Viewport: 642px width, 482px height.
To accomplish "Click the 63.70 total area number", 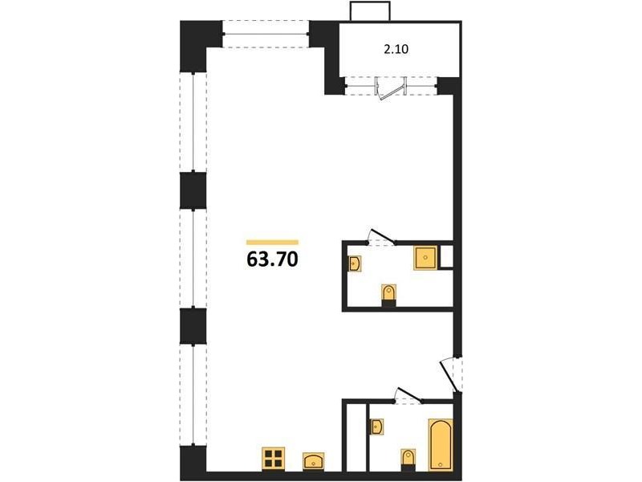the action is (x=272, y=259).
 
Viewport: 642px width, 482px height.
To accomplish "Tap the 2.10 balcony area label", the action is (x=396, y=50).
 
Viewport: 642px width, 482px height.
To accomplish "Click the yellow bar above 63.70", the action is (x=272, y=243).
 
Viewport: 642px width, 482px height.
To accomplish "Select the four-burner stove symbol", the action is (x=273, y=459).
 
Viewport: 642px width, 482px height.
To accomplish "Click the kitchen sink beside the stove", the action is (x=313, y=461).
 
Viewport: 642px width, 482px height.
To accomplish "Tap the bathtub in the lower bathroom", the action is (x=441, y=445).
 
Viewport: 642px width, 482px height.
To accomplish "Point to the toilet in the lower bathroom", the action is (x=408, y=460).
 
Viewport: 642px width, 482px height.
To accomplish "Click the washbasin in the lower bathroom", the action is (x=377, y=427).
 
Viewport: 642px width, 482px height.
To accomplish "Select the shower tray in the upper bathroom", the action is (x=425, y=258).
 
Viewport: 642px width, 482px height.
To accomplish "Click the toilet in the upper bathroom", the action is (x=388, y=295).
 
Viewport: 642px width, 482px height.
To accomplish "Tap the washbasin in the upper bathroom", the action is (x=355, y=263).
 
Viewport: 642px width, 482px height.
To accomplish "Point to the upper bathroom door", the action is (x=382, y=237).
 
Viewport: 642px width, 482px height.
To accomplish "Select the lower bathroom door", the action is (x=408, y=395).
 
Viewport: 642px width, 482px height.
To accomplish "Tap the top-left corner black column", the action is (x=193, y=47).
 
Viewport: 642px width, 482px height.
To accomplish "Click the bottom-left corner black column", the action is (x=193, y=463).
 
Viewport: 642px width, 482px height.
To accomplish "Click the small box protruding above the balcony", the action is (x=370, y=11).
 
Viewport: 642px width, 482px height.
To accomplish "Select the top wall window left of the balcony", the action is (x=266, y=34).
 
